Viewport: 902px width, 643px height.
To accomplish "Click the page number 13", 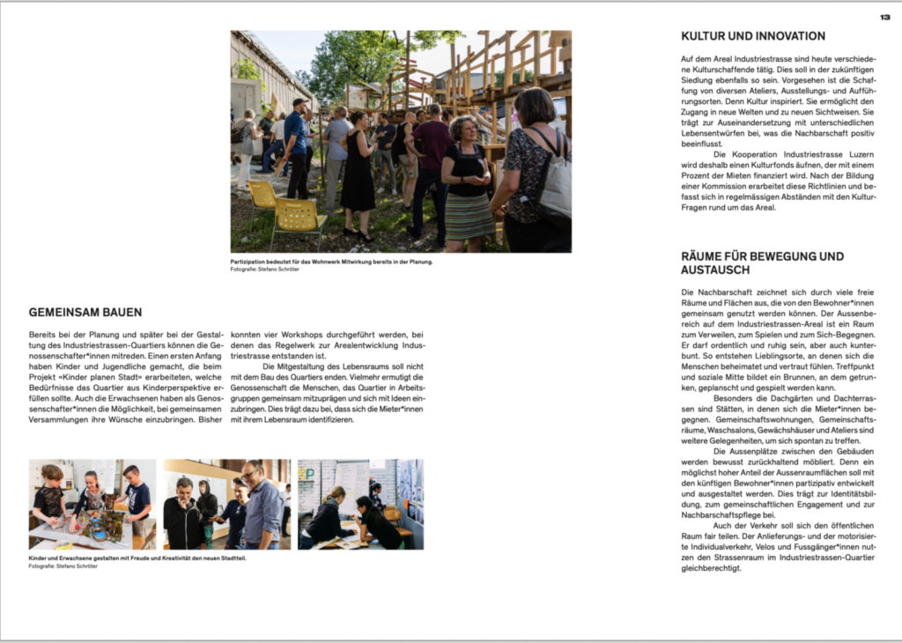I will tap(884, 17).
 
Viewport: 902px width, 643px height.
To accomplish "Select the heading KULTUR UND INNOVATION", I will tap(753, 36).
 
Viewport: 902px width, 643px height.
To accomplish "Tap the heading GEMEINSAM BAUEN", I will tap(85, 313).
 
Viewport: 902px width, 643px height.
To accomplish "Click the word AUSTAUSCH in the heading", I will tap(715, 270).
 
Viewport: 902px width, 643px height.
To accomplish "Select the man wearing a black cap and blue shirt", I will tap(297, 145).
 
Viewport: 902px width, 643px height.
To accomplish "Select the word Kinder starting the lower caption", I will tap(38, 558).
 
